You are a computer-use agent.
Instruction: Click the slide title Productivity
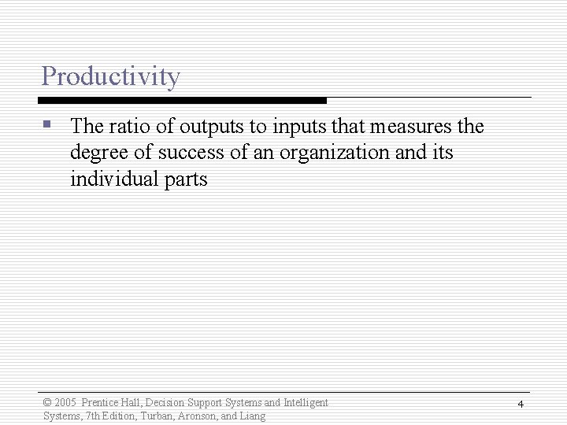point(110,76)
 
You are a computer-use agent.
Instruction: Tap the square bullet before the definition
point(48,124)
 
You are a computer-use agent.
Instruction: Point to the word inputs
point(298,127)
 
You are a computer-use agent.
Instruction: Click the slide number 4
point(521,404)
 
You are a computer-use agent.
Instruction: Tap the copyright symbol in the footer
point(47,403)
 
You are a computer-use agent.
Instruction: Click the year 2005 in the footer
point(65,403)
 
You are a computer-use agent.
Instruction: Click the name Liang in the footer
point(254,416)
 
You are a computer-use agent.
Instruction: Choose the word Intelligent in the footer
point(306,403)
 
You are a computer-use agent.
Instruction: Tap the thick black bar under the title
point(182,101)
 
